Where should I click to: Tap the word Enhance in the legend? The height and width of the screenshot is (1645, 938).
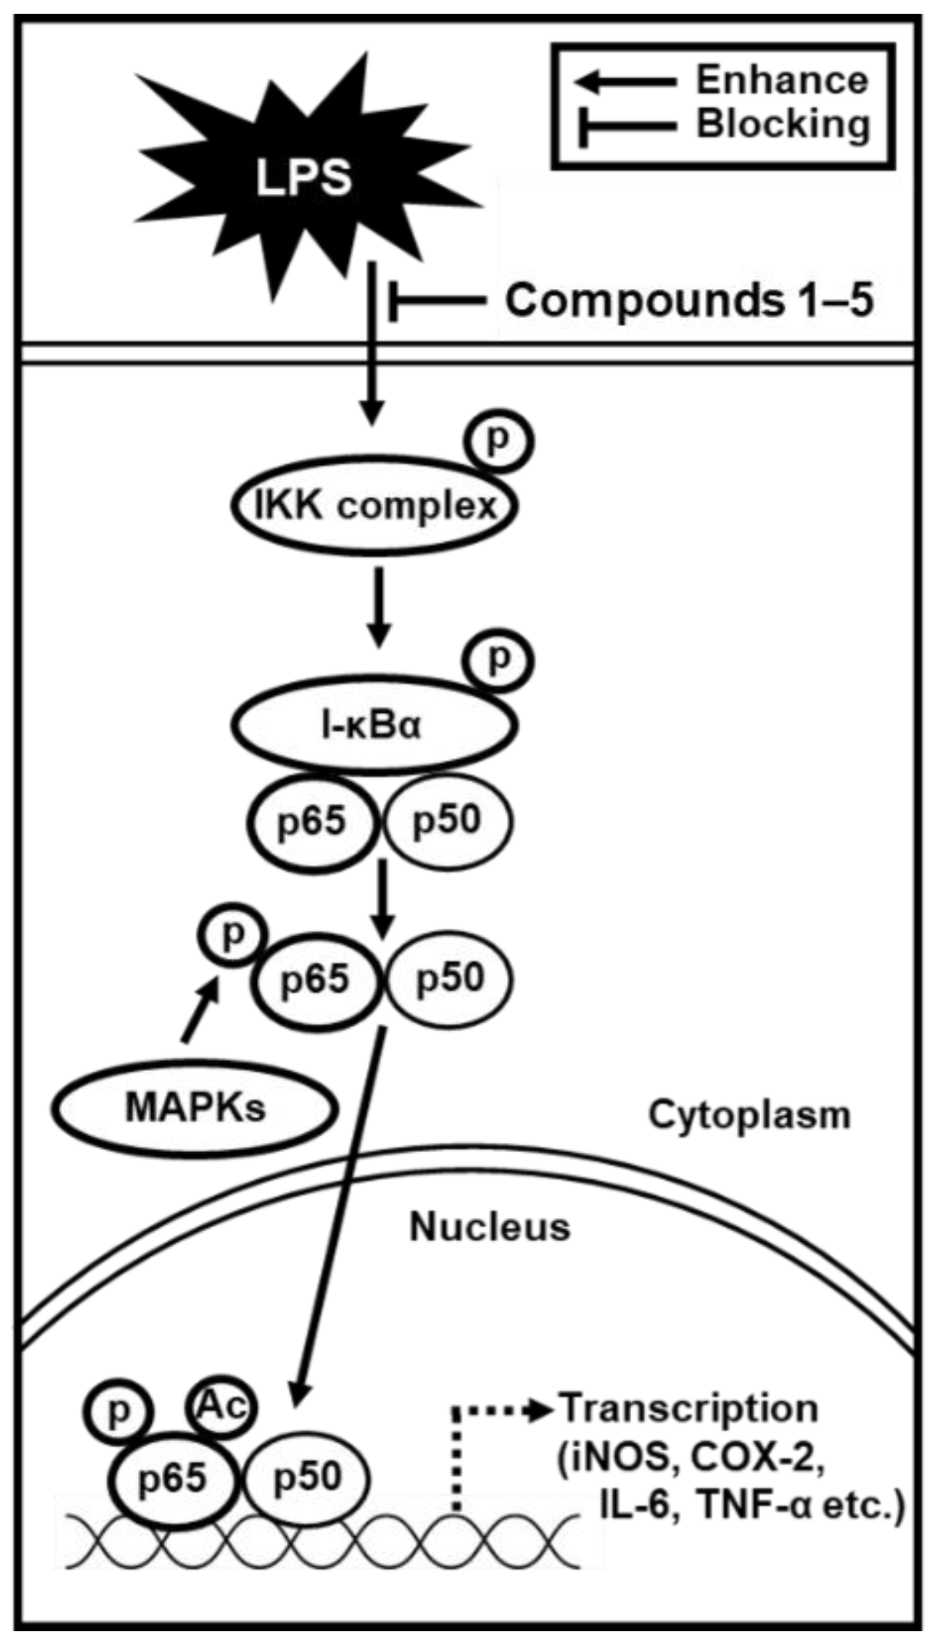(782, 80)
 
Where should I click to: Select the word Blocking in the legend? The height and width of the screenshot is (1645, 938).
(783, 124)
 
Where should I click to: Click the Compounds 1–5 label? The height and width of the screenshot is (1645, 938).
(689, 300)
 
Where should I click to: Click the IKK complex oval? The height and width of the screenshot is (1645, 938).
(374, 506)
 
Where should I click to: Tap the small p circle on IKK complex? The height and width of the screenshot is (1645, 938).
(499, 442)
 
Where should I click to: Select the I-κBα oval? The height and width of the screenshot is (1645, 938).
(374, 725)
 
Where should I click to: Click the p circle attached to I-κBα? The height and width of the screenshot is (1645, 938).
(500, 659)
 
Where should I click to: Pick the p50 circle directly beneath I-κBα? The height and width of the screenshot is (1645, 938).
(447, 821)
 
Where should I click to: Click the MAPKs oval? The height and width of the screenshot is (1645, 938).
(195, 1108)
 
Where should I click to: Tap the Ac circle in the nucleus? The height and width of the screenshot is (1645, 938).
(220, 1405)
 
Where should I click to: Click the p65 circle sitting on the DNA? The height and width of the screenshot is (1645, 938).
(173, 1477)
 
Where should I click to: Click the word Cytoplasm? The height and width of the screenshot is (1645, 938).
(749, 1115)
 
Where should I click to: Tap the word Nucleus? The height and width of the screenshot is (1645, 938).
(490, 1226)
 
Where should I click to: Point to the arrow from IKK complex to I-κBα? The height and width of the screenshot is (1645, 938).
(379, 608)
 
